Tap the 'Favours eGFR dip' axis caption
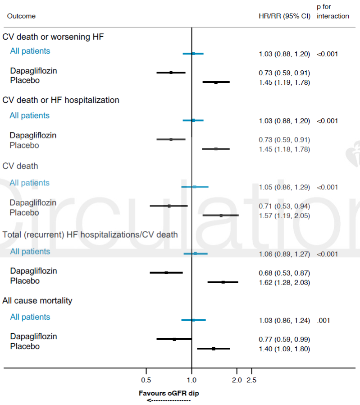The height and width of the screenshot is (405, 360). pyautogui.click(x=169, y=393)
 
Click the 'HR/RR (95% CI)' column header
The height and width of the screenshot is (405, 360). pyautogui.click(x=284, y=16)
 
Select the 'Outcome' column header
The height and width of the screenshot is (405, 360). pyautogui.click(x=21, y=16)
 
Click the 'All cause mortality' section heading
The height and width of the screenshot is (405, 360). pyautogui.click(x=37, y=300)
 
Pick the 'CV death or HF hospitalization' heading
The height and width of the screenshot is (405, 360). pyautogui.click(x=61, y=100)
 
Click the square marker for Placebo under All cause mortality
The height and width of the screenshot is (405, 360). pyautogui.click(x=214, y=349)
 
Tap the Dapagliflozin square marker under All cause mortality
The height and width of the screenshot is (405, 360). pyautogui.click(x=174, y=339)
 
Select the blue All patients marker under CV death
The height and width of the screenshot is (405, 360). pyautogui.click(x=195, y=187)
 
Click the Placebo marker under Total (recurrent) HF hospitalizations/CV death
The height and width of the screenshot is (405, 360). pyautogui.click(x=223, y=282)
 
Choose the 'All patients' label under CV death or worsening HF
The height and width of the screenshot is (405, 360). pyautogui.click(x=30, y=51)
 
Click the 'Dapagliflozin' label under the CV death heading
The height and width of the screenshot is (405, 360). pyautogui.click(x=33, y=202)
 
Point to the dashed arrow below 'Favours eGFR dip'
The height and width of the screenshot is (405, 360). pyautogui.click(x=169, y=400)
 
